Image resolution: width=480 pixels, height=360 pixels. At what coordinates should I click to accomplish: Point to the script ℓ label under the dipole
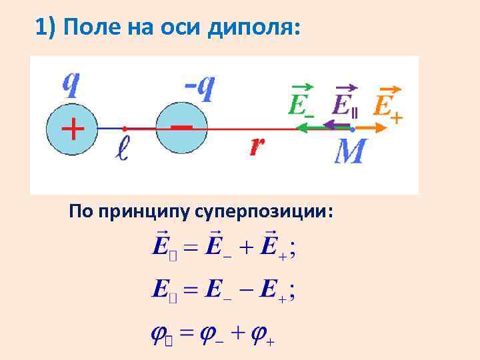coord(122,149)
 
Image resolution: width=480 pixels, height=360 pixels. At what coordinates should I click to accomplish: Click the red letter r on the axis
coord(257,147)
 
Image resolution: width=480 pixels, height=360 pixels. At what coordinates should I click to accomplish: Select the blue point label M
coord(350,152)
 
